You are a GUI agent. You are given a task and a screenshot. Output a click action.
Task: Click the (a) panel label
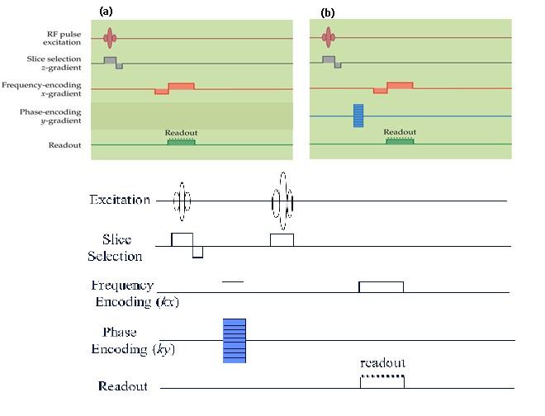pyautogui.click(x=105, y=11)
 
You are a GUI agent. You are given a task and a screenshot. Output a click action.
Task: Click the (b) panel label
pyautogui.click(x=328, y=12)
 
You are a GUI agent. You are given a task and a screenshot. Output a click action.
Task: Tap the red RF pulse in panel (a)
pyautogui.click(x=109, y=37)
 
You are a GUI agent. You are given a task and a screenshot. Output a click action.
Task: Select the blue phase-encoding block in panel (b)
pyautogui.click(x=358, y=116)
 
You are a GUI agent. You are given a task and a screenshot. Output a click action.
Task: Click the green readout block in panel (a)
pyautogui.click(x=181, y=142)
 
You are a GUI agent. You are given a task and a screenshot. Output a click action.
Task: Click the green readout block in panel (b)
pyautogui.click(x=400, y=141)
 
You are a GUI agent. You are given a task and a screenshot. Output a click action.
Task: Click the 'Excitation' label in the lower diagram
pyautogui.click(x=120, y=200)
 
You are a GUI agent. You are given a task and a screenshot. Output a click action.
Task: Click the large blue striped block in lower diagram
pyautogui.click(x=235, y=339)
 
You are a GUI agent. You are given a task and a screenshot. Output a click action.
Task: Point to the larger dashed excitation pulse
pyautogui.click(x=282, y=201)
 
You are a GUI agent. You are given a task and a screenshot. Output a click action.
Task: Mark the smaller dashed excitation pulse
pyautogui.click(x=182, y=201)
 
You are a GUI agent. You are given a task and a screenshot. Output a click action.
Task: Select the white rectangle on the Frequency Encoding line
pyautogui.click(x=381, y=286)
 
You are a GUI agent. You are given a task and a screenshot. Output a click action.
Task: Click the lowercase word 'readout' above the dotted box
pyautogui.click(x=382, y=362)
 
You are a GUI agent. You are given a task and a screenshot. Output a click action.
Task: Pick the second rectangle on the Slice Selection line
pyautogui.click(x=282, y=239)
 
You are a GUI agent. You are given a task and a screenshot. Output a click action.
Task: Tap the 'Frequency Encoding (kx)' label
pyautogui.click(x=124, y=293)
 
